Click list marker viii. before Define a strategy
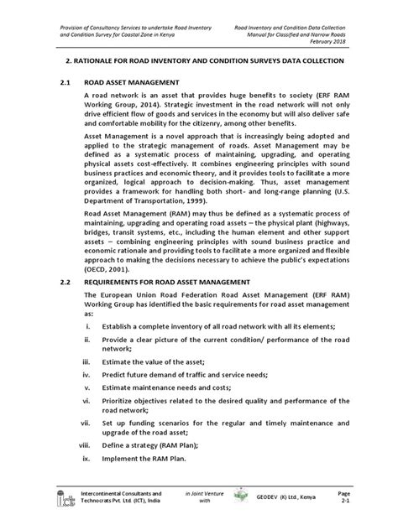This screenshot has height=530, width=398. [87, 472]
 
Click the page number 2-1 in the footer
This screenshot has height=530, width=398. [366, 512]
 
